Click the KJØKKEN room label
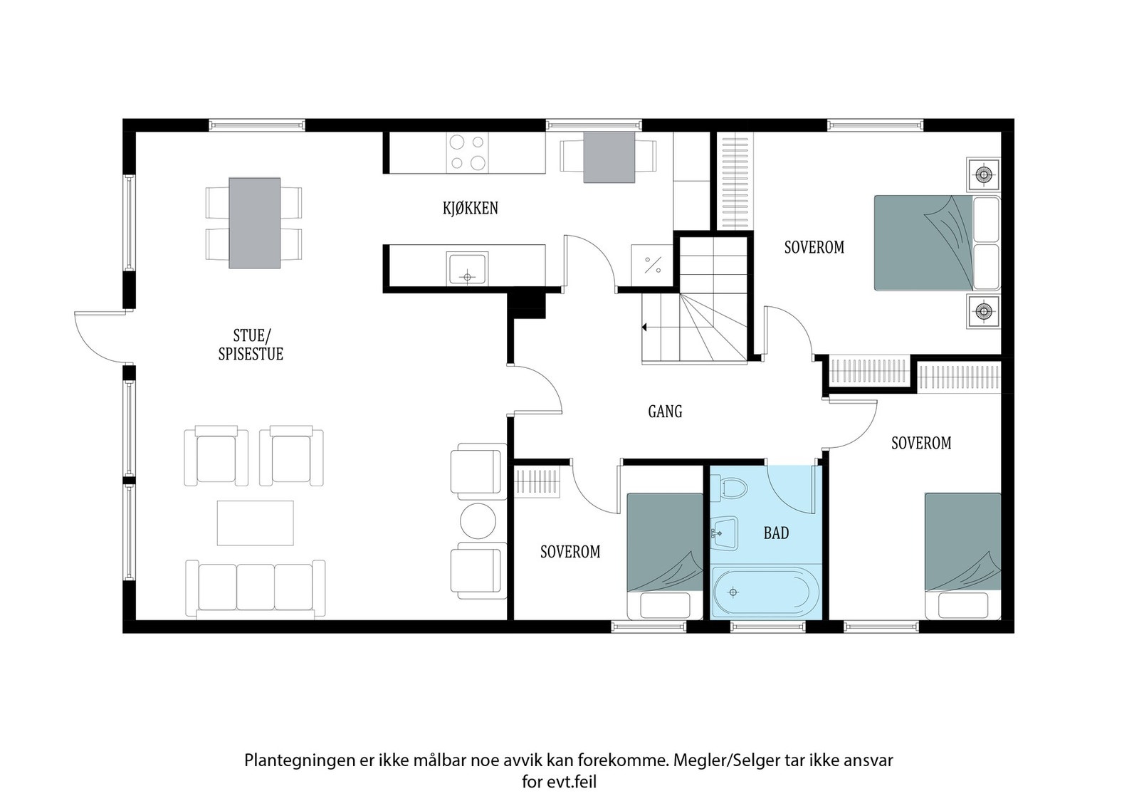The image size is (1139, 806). point(471,208)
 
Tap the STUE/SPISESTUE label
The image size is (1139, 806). point(251,345)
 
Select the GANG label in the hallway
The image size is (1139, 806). point(665,411)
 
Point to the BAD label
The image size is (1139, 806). point(777,533)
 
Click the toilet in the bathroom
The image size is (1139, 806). point(729,488)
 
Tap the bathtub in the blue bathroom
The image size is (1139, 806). point(765,592)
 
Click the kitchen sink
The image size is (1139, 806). point(467,268)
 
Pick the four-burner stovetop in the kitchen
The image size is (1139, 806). point(467,152)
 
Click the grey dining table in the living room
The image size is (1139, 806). point(255,223)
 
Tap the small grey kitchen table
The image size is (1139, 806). point(609,157)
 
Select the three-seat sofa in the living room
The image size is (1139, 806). point(256,589)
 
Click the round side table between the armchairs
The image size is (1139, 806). point(478,520)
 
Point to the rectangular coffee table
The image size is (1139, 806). point(256,523)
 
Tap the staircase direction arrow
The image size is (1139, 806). point(645,328)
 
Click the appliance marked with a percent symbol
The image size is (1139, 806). point(652,265)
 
